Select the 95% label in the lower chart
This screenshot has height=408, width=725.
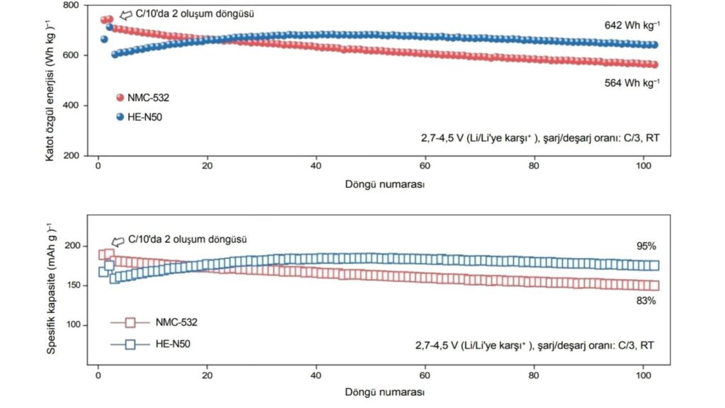pos(646,246)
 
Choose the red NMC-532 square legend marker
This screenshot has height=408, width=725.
pos(130,322)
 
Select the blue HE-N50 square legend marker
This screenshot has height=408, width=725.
pos(130,345)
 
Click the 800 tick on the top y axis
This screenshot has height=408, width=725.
pos(69,6)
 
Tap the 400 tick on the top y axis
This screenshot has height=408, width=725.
pos(69,106)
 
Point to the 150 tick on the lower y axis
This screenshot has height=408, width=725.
pos(72,285)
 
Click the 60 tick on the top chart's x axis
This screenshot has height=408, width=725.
pos(425,166)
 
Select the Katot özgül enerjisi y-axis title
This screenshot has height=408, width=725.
pos(50,81)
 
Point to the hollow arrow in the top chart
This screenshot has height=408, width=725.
pos(126,14)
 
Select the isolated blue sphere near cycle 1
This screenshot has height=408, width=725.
pos(104,40)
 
